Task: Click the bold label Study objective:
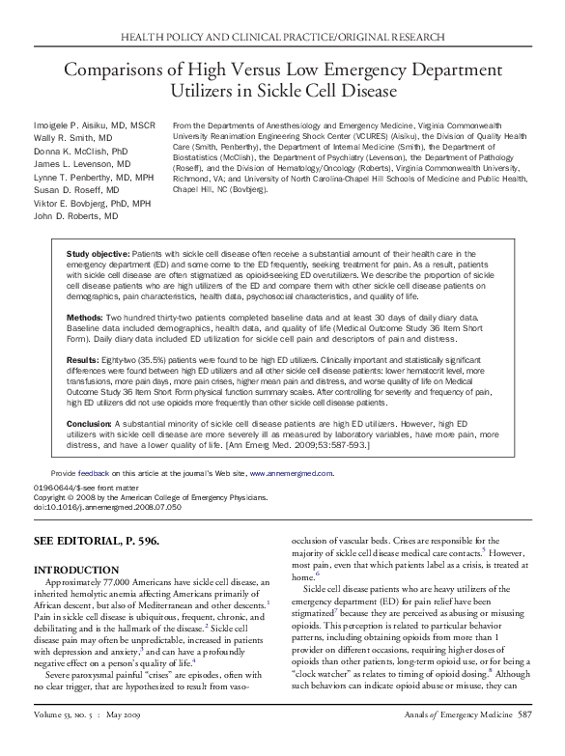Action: [x=98, y=252]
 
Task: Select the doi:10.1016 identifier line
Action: [x=99, y=505]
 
